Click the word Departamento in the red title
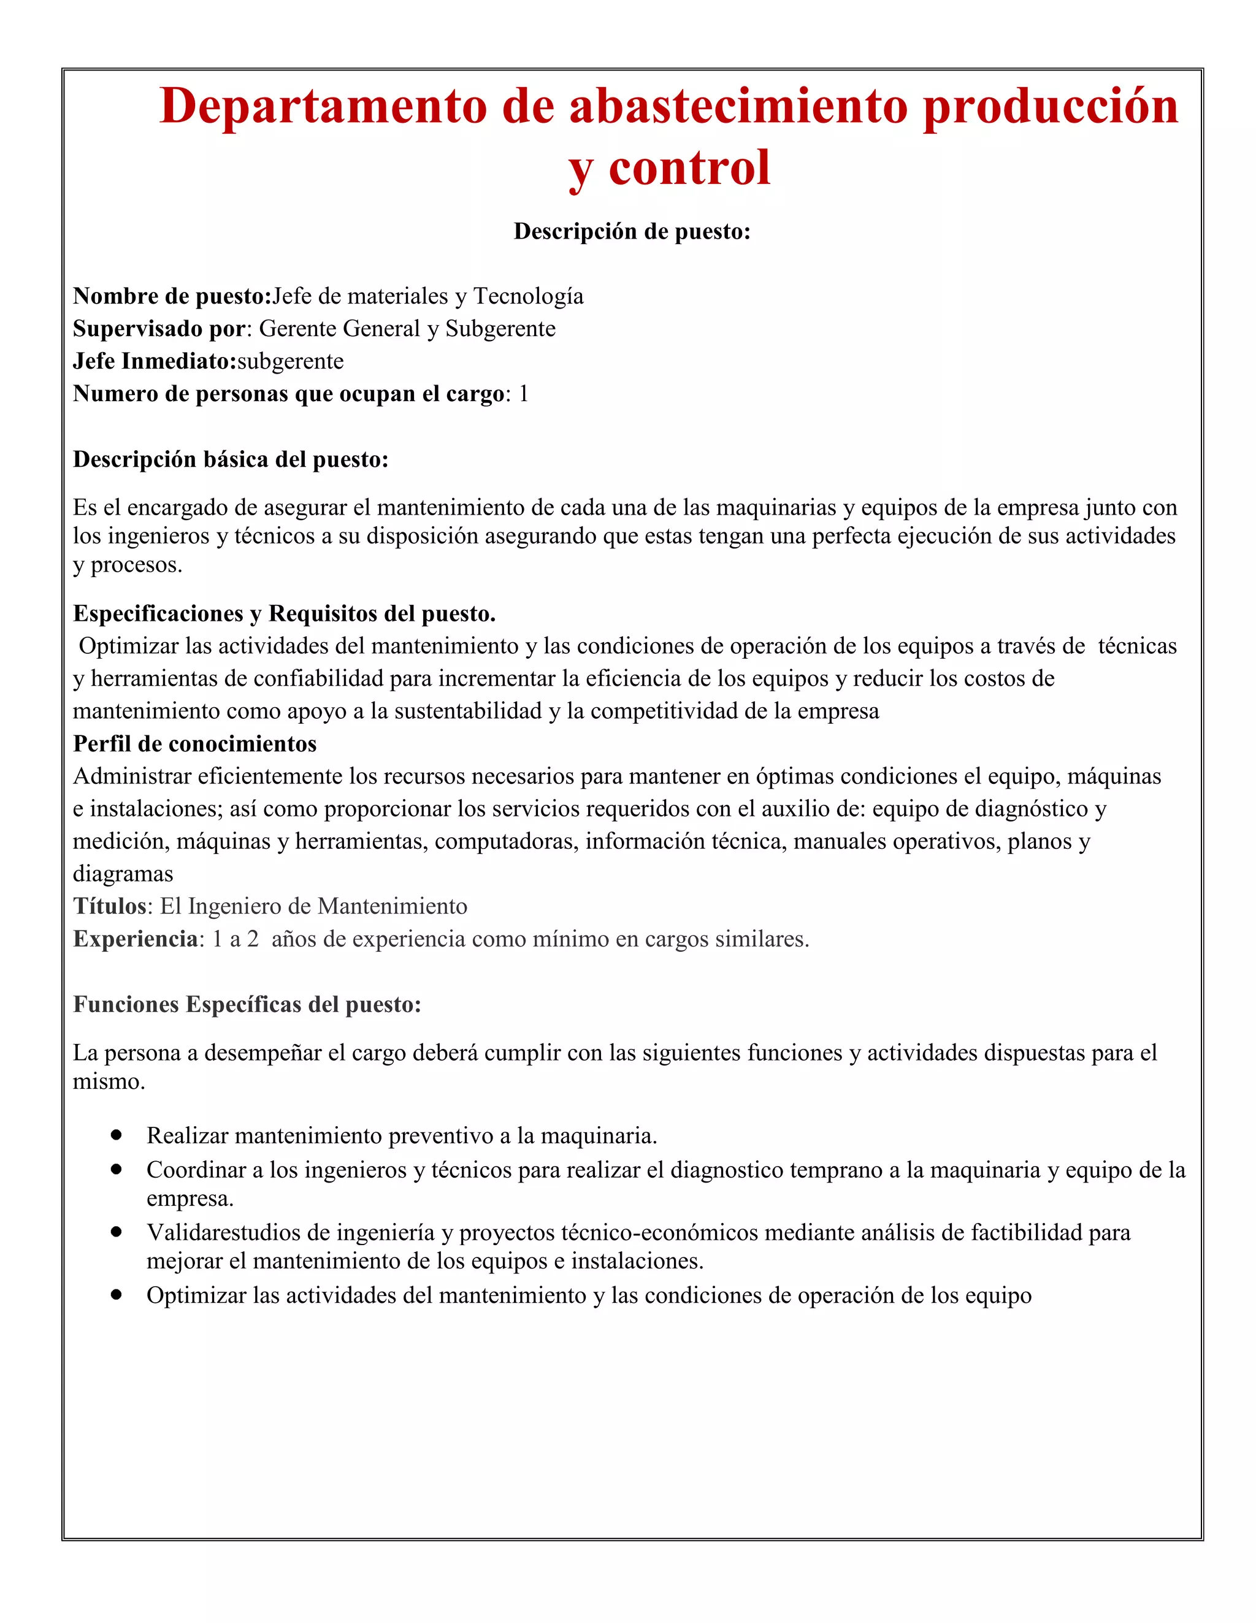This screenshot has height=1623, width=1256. click(x=324, y=106)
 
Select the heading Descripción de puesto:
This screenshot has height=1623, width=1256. click(x=632, y=231)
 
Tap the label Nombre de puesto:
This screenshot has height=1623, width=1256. click(x=172, y=296)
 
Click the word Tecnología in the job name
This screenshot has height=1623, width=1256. click(x=529, y=296)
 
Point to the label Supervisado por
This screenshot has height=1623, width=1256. click(x=159, y=329)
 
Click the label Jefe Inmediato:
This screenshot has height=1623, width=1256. click(x=155, y=361)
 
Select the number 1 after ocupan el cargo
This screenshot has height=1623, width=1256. click(x=523, y=394)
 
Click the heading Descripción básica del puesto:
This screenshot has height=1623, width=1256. click(x=231, y=459)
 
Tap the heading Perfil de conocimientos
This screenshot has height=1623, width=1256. click(x=195, y=743)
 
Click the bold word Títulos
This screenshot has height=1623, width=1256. click(x=110, y=906)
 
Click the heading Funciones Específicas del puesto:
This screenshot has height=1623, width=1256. click(x=247, y=1004)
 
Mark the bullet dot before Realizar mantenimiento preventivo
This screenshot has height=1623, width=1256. click(x=116, y=1135)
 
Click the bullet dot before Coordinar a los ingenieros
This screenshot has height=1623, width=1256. click(x=116, y=1169)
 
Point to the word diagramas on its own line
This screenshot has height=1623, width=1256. click(x=123, y=873)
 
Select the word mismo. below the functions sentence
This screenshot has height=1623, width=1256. click(x=109, y=1081)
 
